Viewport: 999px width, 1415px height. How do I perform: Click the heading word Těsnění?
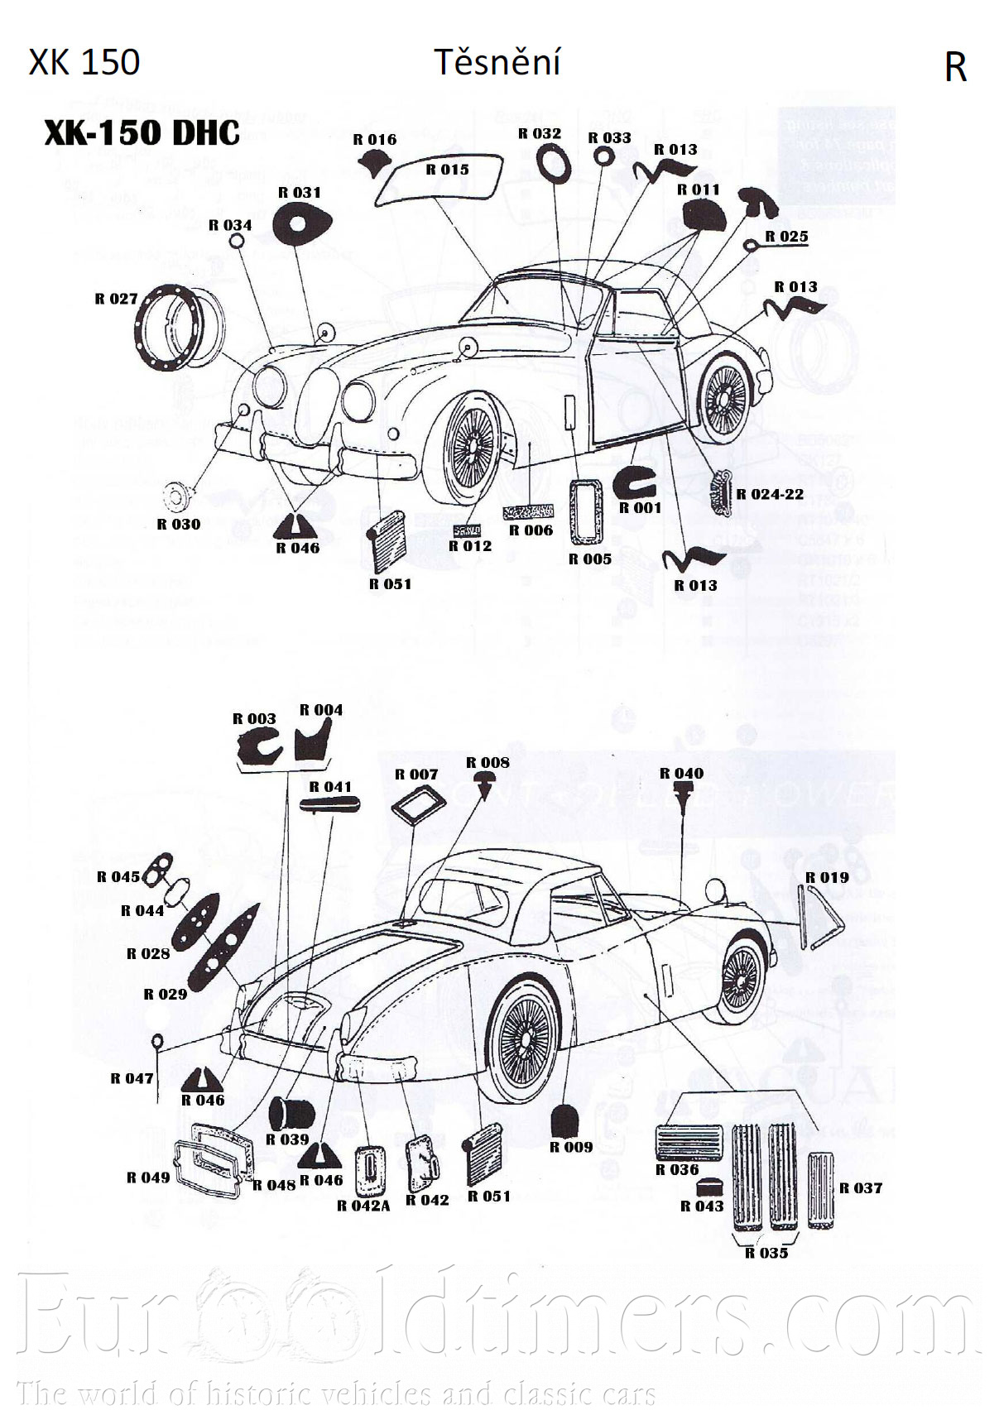497,63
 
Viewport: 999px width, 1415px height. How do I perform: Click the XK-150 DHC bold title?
142,133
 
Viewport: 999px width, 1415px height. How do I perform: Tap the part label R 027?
116,300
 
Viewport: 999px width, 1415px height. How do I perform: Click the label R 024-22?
770,494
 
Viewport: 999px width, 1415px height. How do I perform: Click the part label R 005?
589,559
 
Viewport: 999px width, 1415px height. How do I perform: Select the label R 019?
827,877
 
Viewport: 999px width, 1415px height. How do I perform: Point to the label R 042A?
363,1206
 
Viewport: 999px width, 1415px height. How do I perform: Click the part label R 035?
766,1253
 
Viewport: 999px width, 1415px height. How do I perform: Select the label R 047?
132,1078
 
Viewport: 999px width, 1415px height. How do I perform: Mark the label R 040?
681,774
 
